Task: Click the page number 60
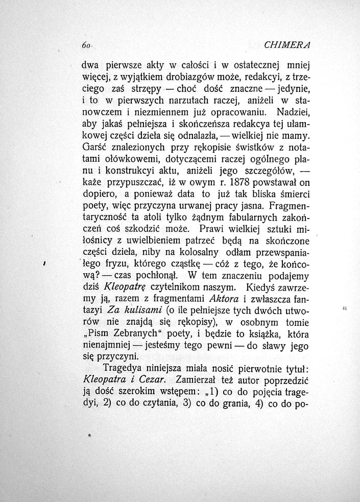pos(85,45)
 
